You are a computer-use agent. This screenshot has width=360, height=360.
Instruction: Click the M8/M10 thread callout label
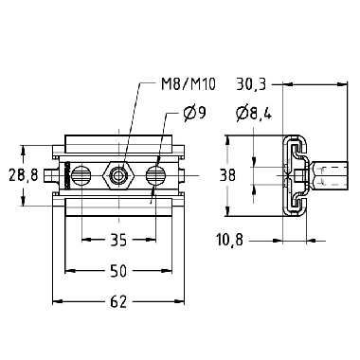coord(189,84)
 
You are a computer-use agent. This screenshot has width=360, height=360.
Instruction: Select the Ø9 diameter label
coord(194,114)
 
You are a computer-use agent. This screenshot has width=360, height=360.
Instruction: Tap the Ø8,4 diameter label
coord(254,113)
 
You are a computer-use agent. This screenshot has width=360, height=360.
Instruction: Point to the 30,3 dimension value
coord(252,84)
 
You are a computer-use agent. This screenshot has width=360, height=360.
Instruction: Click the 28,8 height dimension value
coord(24,175)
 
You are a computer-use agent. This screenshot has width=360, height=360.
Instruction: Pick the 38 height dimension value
coord(227,175)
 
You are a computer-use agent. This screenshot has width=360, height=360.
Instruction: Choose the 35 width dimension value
coord(118,240)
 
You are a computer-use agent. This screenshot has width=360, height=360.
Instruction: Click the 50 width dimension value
coord(118,271)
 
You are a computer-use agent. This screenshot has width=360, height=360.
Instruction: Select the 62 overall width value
coord(118,301)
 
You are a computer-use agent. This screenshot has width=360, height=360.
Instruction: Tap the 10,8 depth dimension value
coord(230,240)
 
